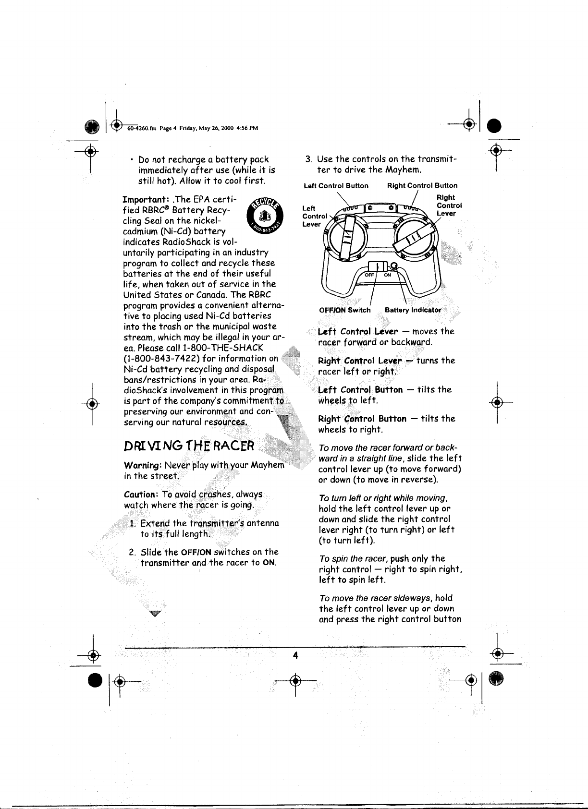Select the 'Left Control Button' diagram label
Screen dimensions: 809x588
click(337, 185)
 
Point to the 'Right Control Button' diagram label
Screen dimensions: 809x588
click(422, 185)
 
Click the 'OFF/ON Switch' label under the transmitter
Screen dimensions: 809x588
click(345, 310)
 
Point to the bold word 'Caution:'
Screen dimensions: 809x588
click(141, 495)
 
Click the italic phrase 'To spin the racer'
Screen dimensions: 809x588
click(351, 559)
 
